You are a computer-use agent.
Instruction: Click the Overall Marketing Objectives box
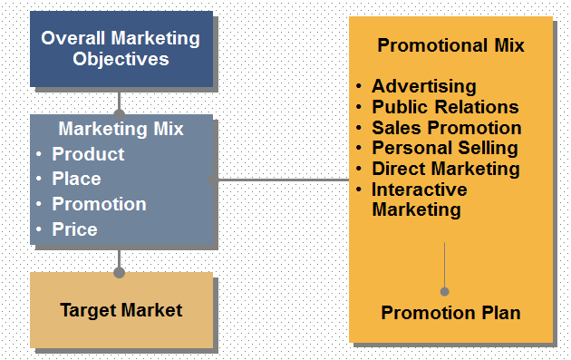pos(121,48)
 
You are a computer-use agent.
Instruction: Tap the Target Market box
pos(121,310)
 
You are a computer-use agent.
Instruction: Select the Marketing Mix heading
pos(121,129)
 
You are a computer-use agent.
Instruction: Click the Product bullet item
pos(88,154)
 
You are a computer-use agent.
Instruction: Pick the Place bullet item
pos(76,179)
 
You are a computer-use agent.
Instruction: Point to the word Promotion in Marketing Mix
pos(99,204)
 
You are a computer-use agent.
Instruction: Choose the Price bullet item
pos(74,229)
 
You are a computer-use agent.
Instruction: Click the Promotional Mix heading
pos(450,44)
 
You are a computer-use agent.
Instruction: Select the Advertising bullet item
pos(423,87)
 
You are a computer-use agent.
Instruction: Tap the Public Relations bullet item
pos(445,107)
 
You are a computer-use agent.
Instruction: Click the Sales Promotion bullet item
pos(446,128)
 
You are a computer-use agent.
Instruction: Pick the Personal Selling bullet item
pos(444,148)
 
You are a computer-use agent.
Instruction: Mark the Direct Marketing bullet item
pos(445,169)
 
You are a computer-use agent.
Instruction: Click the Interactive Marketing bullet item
pos(419,199)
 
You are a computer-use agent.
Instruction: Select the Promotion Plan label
pos(450,313)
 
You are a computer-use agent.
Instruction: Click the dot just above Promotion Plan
pos(444,291)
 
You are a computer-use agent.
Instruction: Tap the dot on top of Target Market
pos(119,272)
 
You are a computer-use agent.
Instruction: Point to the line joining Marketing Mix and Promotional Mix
pos(281,180)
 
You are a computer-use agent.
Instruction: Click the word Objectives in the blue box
pos(133,60)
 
